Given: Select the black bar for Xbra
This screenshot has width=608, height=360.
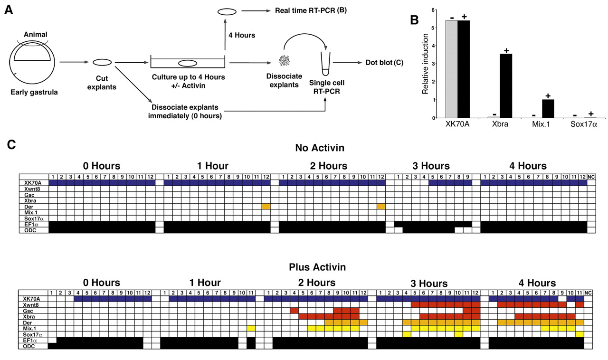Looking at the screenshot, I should click(x=506, y=85).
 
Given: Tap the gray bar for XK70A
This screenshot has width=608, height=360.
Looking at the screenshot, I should click(x=451, y=69).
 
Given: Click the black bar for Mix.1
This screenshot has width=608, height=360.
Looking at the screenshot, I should click(x=548, y=108).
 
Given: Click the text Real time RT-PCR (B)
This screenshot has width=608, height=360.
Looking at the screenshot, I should click(x=311, y=10).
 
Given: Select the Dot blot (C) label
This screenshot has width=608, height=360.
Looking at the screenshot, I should click(x=384, y=62).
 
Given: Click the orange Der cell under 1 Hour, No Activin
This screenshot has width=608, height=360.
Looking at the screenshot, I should click(x=266, y=206).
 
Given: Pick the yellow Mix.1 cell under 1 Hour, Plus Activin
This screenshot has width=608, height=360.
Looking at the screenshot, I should click(x=251, y=328).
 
